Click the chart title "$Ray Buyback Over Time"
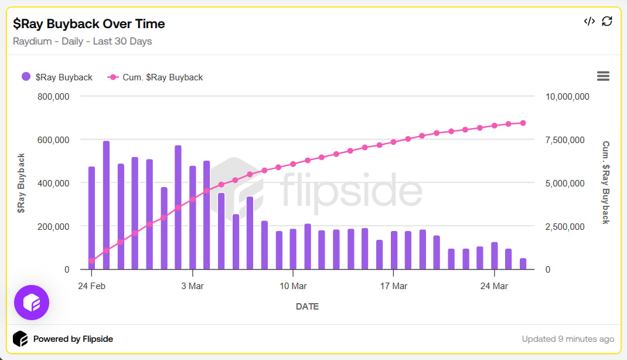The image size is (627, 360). (x=89, y=23)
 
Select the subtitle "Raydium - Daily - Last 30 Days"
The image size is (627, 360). (x=83, y=41)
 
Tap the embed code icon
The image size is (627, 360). (x=589, y=22)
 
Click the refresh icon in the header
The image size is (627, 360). (x=607, y=22)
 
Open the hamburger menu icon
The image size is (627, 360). (x=603, y=76)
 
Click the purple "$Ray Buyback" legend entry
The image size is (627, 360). (x=57, y=77)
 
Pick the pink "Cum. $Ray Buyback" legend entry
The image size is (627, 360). (x=155, y=77)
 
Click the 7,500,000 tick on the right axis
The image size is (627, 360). (x=567, y=140)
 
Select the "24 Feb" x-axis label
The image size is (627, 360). (x=91, y=286)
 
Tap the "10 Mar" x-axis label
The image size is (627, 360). (x=293, y=286)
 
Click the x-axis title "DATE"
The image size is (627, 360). (x=307, y=306)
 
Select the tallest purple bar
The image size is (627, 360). (x=106, y=205)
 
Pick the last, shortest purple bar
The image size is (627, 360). (x=523, y=264)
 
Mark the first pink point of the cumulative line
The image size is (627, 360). (x=91, y=261)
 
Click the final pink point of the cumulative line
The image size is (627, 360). (x=523, y=123)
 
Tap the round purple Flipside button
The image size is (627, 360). (x=32, y=303)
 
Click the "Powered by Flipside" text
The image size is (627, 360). (x=73, y=339)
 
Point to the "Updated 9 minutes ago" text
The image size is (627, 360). (x=568, y=339)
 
